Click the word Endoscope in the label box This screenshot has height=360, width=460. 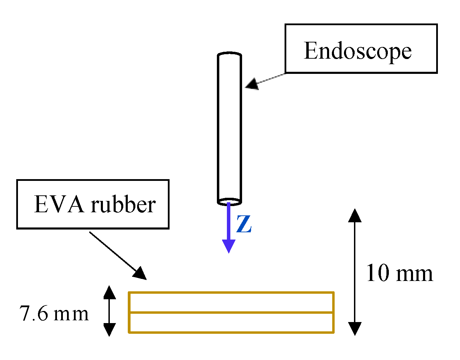pyautogui.click(x=357, y=51)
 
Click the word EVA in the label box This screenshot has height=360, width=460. pyautogui.click(x=59, y=204)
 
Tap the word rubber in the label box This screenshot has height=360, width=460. pyautogui.click(x=123, y=204)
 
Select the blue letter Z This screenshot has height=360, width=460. pyautogui.click(x=244, y=224)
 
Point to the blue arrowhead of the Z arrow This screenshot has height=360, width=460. pyautogui.click(x=229, y=246)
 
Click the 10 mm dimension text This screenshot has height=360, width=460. pyautogui.click(x=399, y=273)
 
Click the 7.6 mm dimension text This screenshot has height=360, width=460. pyautogui.click(x=54, y=314)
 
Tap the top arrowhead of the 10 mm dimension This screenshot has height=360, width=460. pyautogui.click(x=355, y=215)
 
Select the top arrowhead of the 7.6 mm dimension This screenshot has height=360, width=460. pyautogui.click(x=109, y=292)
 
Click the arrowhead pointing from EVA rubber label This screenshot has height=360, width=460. pyautogui.click(x=140, y=273)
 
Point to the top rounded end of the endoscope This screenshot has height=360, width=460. pyautogui.click(x=229, y=55)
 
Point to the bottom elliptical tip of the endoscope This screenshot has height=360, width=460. pyautogui.click(x=229, y=202)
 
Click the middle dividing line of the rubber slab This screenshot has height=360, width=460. pyautogui.click(x=231, y=312)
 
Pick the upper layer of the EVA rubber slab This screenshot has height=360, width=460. pyautogui.click(x=231, y=302)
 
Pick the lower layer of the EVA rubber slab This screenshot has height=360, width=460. pyautogui.click(x=231, y=322)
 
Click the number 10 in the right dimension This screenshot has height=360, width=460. pyautogui.click(x=377, y=273)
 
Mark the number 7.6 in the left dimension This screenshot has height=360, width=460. pyautogui.click(x=34, y=314)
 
